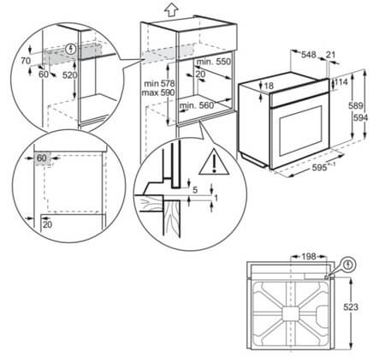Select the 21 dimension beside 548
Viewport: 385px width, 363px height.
click(333, 54)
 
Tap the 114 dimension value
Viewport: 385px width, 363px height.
click(341, 83)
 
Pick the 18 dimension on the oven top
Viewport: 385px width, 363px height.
click(269, 86)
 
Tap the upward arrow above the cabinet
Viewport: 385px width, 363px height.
click(170, 9)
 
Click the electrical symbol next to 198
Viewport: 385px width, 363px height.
click(349, 265)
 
